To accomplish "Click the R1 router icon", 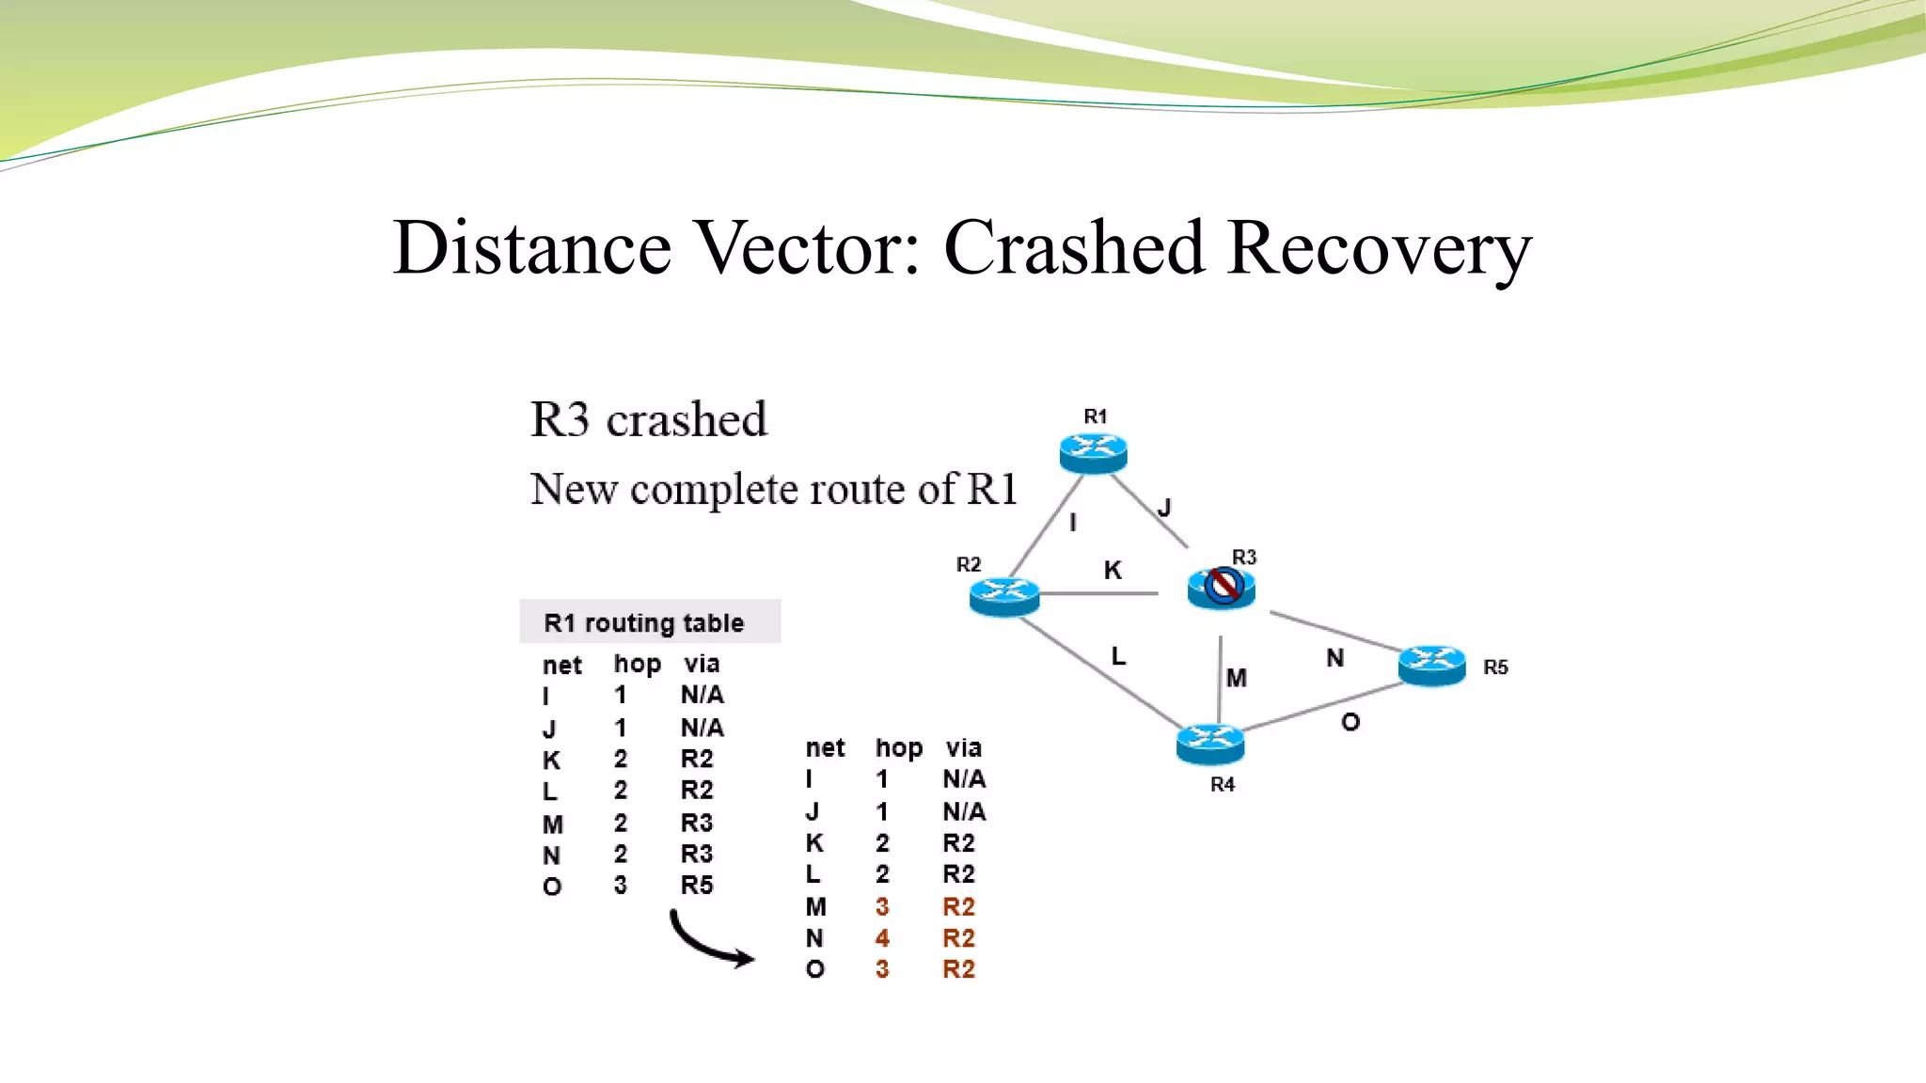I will (x=1093, y=453).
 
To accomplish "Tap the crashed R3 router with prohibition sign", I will (x=1222, y=588).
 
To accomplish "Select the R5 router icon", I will (x=1431, y=666).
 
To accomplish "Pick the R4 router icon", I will (x=1210, y=744).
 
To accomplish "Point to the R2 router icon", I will (x=1004, y=596).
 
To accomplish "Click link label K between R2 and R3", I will (x=1113, y=570).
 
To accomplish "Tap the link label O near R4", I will (x=1350, y=722).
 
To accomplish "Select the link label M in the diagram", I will (x=1237, y=678).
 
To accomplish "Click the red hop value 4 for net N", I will (x=882, y=938).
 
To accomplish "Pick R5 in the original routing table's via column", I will (x=697, y=886).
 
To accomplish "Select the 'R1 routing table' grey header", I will (x=649, y=622).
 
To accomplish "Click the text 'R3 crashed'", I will (x=649, y=419).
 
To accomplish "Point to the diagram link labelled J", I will (x=1164, y=508).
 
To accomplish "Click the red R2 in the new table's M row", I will (x=958, y=907).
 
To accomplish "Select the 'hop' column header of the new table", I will (x=899, y=748).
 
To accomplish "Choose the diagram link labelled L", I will (x=1118, y=655).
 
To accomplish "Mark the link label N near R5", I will (x=1334, y=658).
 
